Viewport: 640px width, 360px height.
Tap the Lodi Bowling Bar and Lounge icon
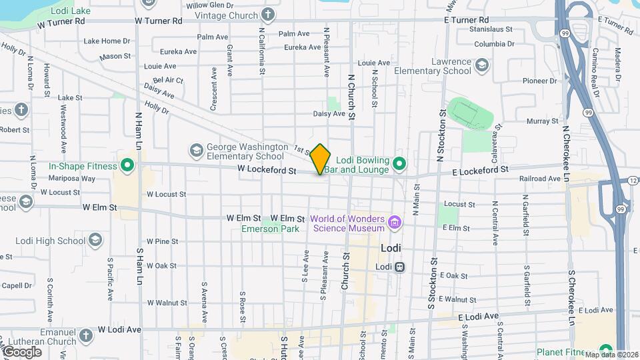coord(399,163)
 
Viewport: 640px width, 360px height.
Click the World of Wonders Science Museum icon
coord(394,222)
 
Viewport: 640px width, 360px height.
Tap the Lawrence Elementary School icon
coord(482,65)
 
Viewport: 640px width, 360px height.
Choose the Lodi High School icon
coord(95,240)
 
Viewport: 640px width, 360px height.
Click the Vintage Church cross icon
coord(267,14)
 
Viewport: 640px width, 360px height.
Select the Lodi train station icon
coord(400,267)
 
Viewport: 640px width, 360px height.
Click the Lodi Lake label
coord(70,11)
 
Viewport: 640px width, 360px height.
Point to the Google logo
coord(22,351)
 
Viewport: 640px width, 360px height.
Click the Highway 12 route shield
coord(632,181)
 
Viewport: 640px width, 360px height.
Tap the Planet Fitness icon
coord(605,349)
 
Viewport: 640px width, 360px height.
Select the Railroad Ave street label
coord(540,179)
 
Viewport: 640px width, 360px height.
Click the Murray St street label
coord(542,121)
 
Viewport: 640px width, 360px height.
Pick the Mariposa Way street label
coord(77,179)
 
